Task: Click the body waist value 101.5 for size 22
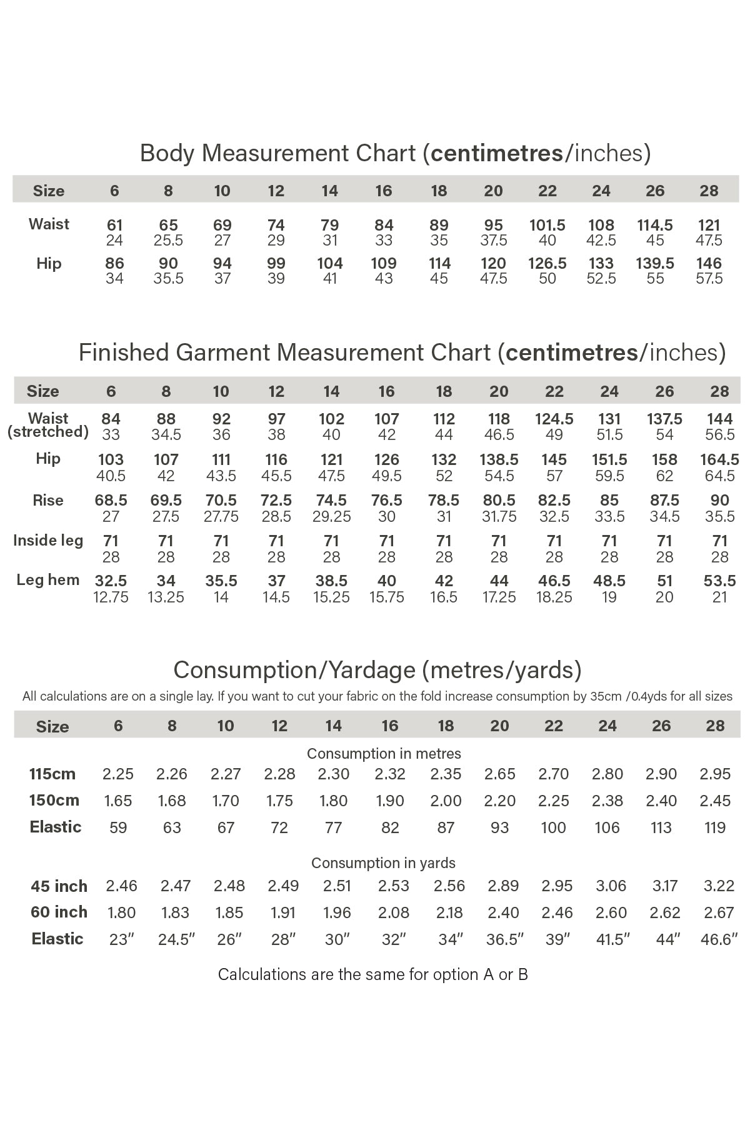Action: click(547, 225)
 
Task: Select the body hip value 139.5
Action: click(655, 263)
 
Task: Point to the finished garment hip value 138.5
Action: click(499, 460)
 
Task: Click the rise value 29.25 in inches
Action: click(331, 517)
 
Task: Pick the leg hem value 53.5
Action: click(719, 581)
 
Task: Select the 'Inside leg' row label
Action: click(48, 541)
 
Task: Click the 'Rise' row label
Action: click(48, 501)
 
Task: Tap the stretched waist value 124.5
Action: click(554, 419)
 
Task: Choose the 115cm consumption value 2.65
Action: click(499, 774)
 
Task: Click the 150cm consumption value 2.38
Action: click(607, 801)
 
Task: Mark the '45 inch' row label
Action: click(59, 886)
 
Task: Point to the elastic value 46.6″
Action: click(719, 939)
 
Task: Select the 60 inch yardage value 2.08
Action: click(394, 912)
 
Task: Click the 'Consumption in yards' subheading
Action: click(383, 863)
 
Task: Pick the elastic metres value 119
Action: click(715, 827)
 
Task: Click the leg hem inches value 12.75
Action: click(111, 597)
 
